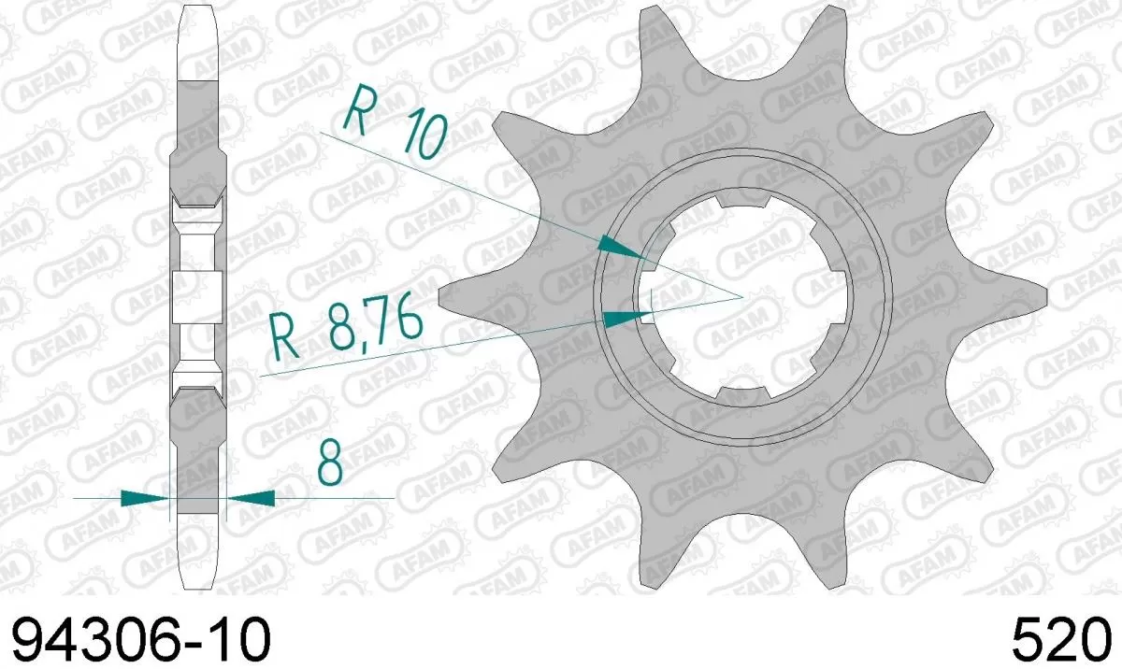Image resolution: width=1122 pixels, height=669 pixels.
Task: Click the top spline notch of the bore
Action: pos(742,198)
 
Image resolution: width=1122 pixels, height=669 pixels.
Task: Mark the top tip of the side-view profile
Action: pos(197,7)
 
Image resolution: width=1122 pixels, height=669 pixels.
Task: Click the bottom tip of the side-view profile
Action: pos(197,587)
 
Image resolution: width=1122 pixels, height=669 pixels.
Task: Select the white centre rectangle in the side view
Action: pos(197,293)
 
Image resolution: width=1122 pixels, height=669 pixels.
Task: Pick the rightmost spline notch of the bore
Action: pos(841,298)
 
